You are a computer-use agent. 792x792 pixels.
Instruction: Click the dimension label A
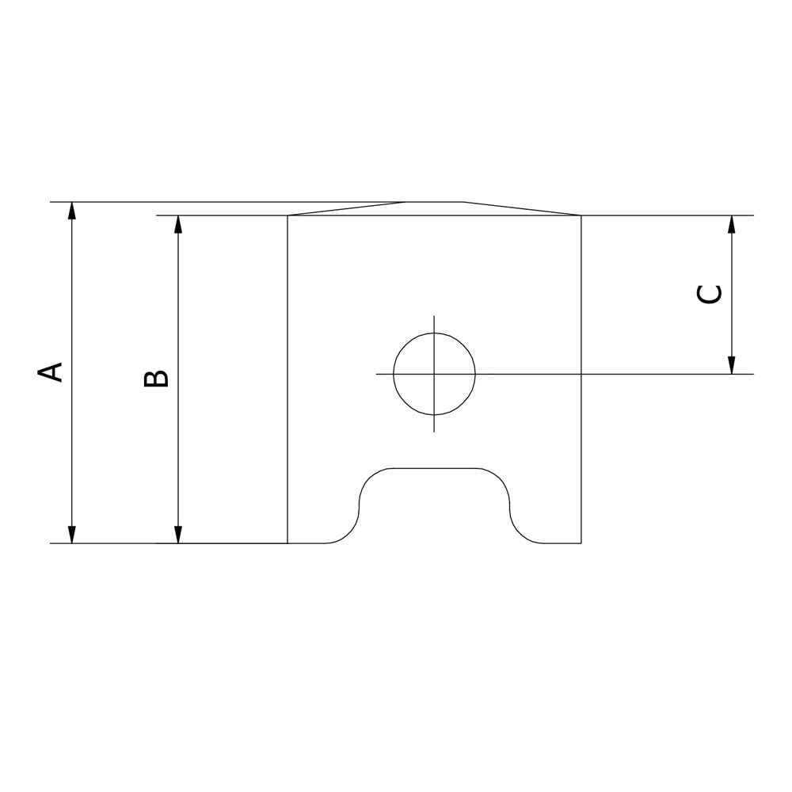[x=52, y=372]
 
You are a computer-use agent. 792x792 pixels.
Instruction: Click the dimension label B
[x=156, y=378]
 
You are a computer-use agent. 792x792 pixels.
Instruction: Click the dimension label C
[x=709, y=293]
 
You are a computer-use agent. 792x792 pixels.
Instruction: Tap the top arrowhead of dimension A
[x=72, y=210]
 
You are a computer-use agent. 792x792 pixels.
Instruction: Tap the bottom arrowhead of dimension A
[x=72, y=535]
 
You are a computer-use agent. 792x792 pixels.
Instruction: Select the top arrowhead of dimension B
[x=178, y=223]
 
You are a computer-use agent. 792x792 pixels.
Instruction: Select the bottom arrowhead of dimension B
[x=178, y=535]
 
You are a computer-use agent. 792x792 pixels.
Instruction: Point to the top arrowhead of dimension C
[x=731, y=223]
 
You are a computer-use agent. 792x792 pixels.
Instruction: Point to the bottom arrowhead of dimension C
[x=731, y=365]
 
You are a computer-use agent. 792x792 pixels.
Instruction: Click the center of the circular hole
[x=434, y=374]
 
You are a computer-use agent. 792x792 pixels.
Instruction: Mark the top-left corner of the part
[x=287, y=215]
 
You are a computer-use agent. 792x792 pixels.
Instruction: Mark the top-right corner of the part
[x=581, y=215]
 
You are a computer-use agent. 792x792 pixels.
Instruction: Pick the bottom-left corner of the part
[x=287, y=543]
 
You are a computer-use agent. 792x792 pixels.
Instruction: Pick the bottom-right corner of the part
[x=581, y=543]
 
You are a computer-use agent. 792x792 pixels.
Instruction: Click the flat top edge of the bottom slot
[x=434, y=468]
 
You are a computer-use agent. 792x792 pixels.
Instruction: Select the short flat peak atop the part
[x=434, y=202]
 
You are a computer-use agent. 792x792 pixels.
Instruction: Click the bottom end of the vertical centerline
[x=434, y=432]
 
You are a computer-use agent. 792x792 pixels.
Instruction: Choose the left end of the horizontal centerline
[x=377, y=374]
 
